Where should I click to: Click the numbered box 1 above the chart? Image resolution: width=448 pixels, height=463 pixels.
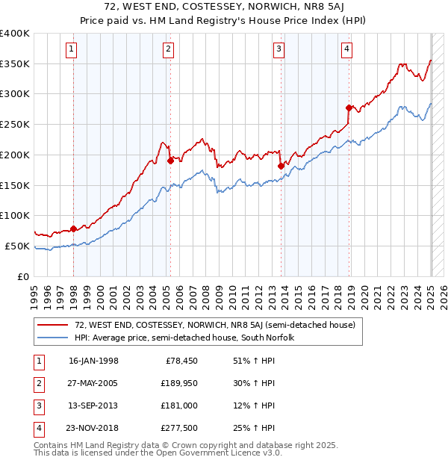[x=71, y=50]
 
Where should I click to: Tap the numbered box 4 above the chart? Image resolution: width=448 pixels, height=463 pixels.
[x=348, y=50]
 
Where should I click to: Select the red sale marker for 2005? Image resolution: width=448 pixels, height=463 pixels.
[x=170, y=160]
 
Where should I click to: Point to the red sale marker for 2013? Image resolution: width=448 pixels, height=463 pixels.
[x=281, y=166]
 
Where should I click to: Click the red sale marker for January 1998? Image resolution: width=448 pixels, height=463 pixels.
[x=73, y=229]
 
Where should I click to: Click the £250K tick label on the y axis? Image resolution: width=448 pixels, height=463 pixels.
[x=15, y=125]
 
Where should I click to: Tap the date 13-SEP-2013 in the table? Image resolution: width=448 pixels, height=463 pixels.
[x=93, y=406]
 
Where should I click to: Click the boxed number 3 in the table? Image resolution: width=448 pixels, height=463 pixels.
[x=37, y=406]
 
